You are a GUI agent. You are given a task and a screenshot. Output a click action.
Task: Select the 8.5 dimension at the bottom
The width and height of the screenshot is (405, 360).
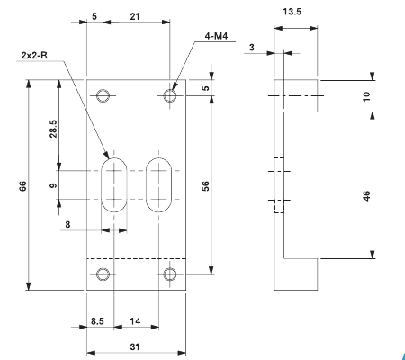click(x=100, y=319)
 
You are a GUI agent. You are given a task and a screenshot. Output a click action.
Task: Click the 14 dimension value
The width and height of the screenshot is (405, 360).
click(x=135, y=319)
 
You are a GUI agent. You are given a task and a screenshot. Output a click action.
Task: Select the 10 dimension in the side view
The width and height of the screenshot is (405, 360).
click(x=380, y=95)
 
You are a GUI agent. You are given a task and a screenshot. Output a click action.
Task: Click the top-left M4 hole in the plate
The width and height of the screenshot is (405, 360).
click(x=104, y=95)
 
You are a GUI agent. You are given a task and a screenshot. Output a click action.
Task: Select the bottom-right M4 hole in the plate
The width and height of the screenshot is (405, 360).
click(x=169, y=274)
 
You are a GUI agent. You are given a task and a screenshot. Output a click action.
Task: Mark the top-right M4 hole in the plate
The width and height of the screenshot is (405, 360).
click(x=169, y=95)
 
